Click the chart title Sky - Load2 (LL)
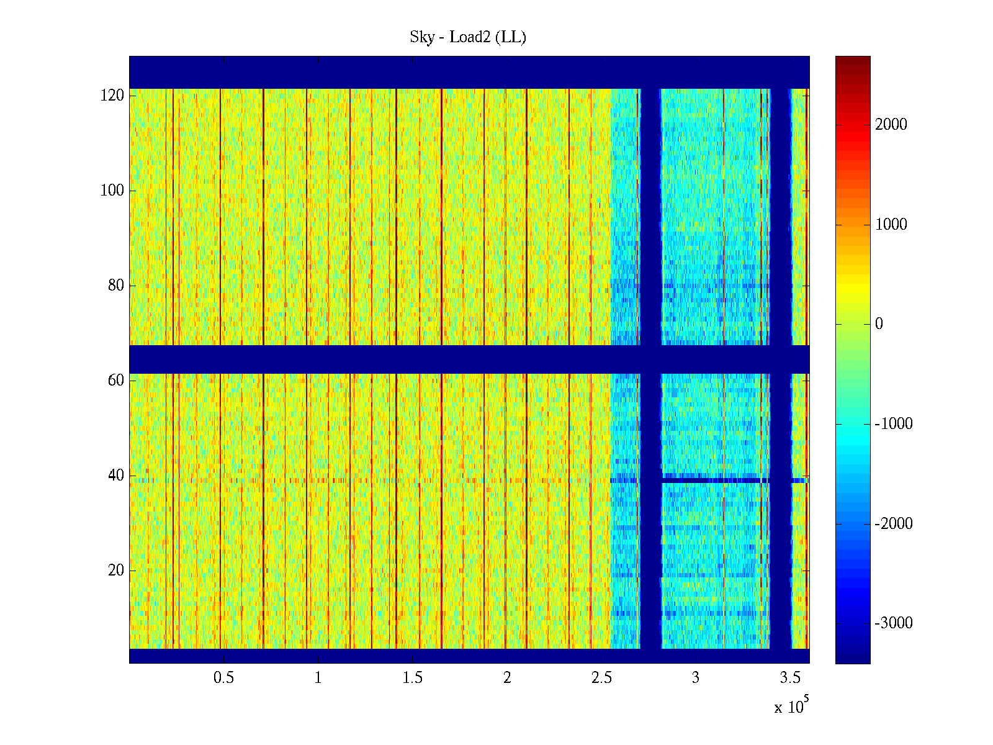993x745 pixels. click(468, 37)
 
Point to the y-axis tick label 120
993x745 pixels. click(112, 96)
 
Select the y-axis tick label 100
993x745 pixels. click(112, 191)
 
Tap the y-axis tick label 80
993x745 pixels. click(116, 286)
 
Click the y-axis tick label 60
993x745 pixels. click(116, 381)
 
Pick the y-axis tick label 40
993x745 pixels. click(116, 476)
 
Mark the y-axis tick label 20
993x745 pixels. click(116, 571)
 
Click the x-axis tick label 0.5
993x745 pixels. click(223, 678)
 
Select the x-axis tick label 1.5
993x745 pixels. click(413, 678)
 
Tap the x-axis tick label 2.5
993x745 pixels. click(601, 678)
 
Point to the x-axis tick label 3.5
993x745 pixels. click(790, 678)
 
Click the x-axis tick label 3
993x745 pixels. click(696, 678)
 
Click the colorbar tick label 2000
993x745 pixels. click(891, 125)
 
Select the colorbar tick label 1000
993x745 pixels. click(891, 225)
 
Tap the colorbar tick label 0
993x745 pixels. click(879, 324)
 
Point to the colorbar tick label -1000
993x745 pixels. click(894, 424)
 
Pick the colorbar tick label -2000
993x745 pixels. click(894, 524)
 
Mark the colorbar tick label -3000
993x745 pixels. click(894, 623)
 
